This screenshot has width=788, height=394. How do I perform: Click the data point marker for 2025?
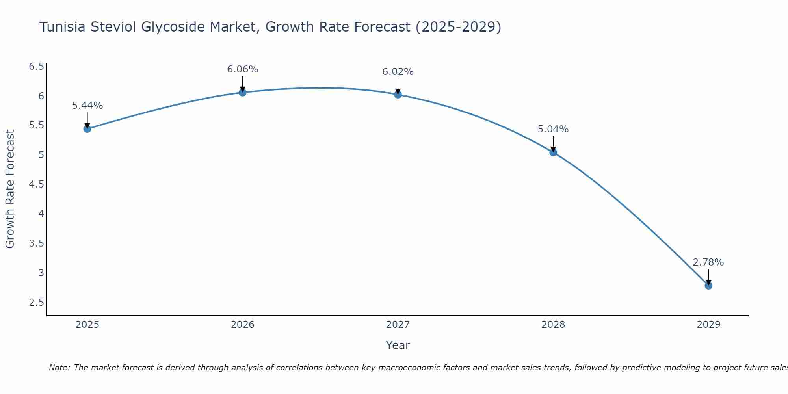[x=87, y=129]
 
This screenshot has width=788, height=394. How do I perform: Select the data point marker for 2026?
[x=243, y=92]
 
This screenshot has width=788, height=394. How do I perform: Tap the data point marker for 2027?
[x=398, y=95]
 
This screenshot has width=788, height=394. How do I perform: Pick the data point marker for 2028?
[x=553, y=152]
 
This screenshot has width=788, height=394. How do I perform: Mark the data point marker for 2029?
[x=708, y=286]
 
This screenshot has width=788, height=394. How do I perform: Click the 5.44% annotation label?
[x=87, y=106]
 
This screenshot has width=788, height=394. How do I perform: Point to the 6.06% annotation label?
[x=243, y=69]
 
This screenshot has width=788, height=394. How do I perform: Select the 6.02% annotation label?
[x=398, y=72]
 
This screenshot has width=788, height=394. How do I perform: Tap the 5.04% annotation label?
[x=553, y=129]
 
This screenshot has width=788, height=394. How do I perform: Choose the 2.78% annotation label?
[x=708, y=262]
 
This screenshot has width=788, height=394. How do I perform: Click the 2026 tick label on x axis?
[x=243, y=325]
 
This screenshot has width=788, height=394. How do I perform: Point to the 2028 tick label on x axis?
[x=553, y=325]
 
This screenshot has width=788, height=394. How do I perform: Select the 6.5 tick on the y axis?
[x=36, y=66]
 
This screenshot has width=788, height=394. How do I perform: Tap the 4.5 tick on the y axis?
[x=36, y=184]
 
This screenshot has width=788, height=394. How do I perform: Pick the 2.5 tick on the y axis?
[x=36, y=303]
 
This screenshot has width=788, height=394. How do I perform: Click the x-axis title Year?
[x=398, y=345]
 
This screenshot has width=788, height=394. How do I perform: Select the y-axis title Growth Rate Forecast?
[x=10, y=189]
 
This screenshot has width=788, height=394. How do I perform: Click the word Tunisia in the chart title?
[x=63, y=27]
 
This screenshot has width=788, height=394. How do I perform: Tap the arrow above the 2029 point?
[x=708, y=277]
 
